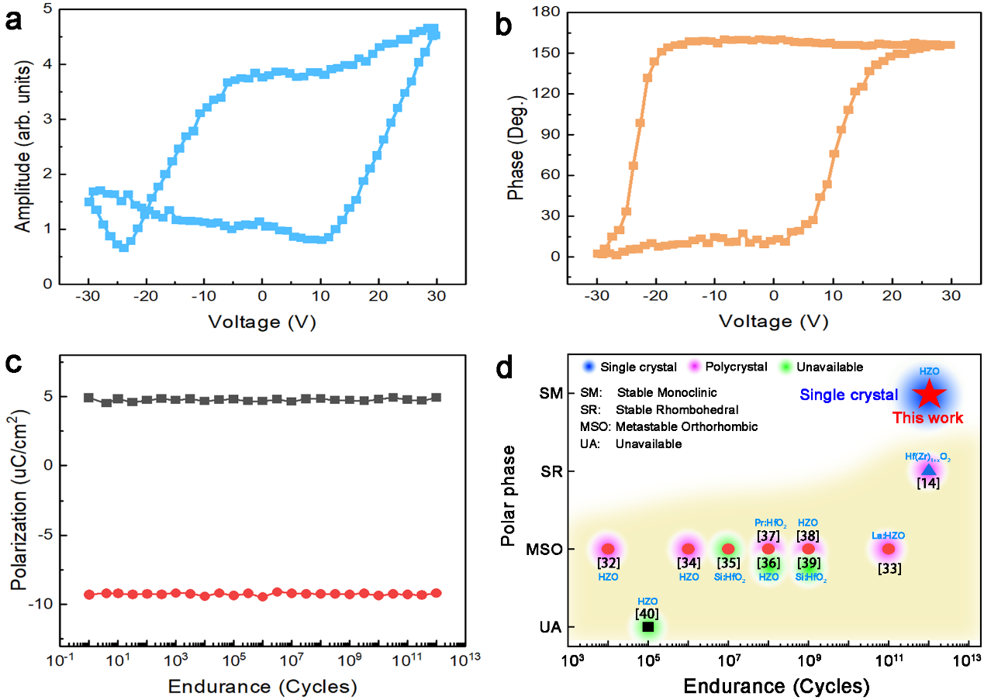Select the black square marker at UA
click(x=648, y=626)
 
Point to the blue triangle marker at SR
click(x=928, y=469)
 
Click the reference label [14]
click(x=928, y=483)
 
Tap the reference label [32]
click(x=608, y=562)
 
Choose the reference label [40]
click(x=647, y=613)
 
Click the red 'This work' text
click(x=927, y=418)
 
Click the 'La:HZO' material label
click(x=889, y=535)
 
